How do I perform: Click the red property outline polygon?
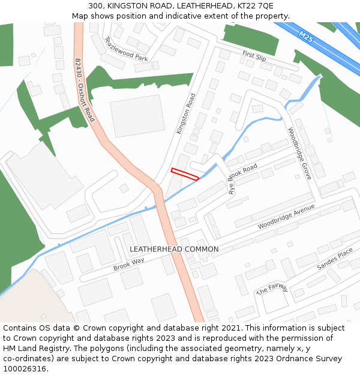(185, 174)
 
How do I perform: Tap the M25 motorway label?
(305, 37)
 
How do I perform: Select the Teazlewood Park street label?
(126, 50)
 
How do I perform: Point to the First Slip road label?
(254, 56)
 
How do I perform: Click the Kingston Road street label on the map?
(186, 113)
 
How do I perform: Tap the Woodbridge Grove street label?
(299, 154)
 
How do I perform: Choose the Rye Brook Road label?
(242, 178)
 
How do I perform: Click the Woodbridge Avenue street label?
(286, 217)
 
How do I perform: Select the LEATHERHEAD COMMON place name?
(174, 249)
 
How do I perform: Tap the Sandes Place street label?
(335, 259)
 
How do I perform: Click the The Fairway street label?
(272, 290)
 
